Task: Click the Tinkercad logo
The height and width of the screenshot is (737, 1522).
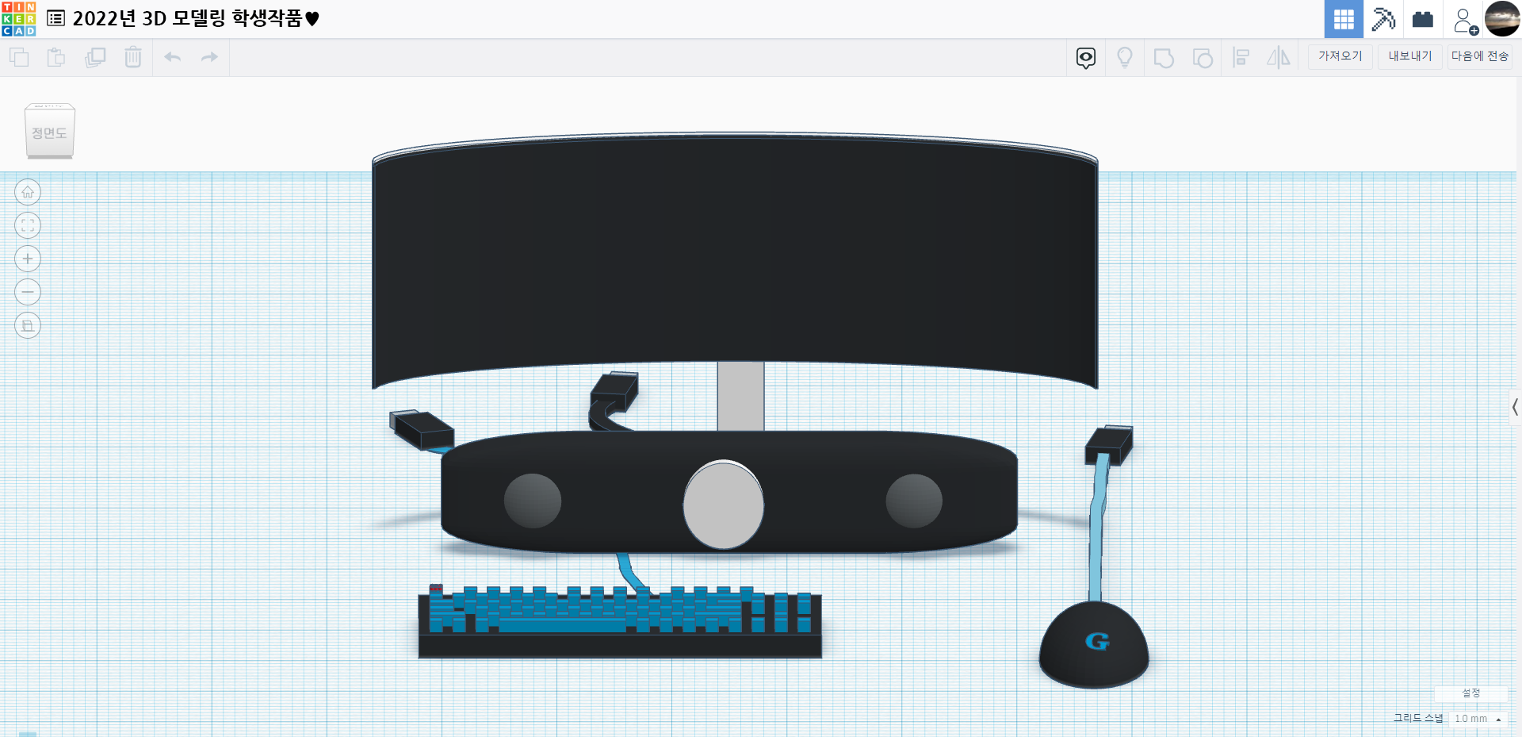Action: [x=19, y=19]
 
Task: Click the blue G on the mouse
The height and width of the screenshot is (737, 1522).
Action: [x=1097, y=641]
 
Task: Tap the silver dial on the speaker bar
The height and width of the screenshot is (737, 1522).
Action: [x=724, y=505]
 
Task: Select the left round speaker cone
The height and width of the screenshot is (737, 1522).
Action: [x=533, y=501]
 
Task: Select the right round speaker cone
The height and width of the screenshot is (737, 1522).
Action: [x=914, y=501]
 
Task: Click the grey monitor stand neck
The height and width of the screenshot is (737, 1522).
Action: [x=741, y=397]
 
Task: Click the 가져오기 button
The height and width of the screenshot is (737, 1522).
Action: [x=1340, y=56]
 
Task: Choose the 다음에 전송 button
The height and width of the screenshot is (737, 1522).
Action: [x=1480, y=56]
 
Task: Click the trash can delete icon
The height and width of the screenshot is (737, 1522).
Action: [x=133, y=57]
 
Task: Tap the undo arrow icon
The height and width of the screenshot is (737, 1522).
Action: [x=173, y=57]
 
